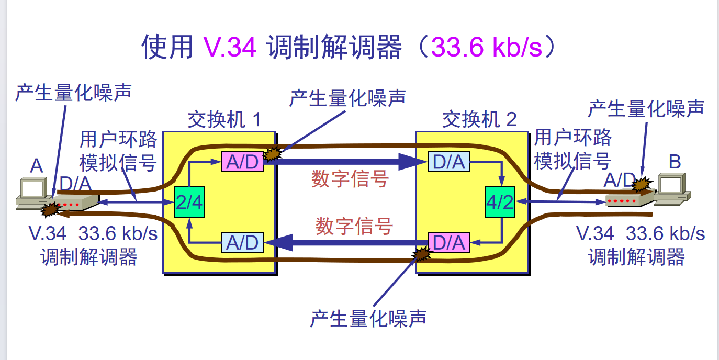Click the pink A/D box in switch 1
click(242, 162)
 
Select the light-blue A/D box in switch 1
click(242, 243)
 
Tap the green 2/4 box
click(189, 202)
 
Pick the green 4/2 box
click(500, 202)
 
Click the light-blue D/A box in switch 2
click(448, 162)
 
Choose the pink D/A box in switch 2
click(448, 243)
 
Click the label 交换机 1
click(224, 120)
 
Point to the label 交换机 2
click(479, 119)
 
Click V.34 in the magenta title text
click(230, 47)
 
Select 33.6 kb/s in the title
click(487, 47)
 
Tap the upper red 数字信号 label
click(350, 178)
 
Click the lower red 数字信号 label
click(354, 226)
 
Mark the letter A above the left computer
click(37, 166)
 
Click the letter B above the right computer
click(675, 162)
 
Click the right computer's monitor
click(672, 184)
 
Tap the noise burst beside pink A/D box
click(273, 153)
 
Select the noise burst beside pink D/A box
click(421, 254)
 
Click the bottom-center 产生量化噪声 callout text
click(368, 319)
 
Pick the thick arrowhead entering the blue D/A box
click(413, 162)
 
